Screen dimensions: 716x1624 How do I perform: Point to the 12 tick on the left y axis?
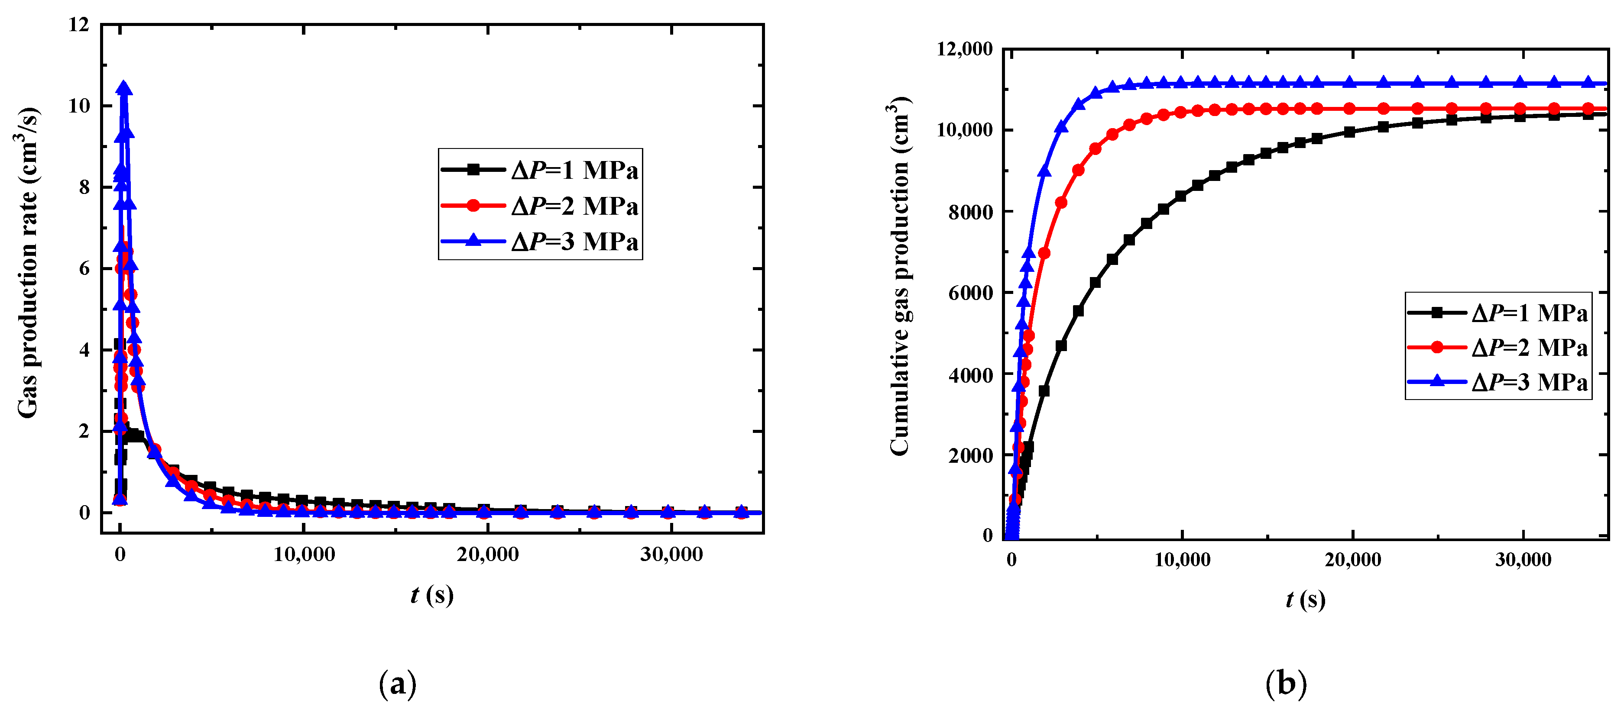pyautogui.click(x=79, y=25)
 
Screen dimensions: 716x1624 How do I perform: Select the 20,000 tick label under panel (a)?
pyautogui.click(x=488, y=555)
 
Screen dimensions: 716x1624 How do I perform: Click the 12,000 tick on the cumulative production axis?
pyautogui.click(x=965, y=49)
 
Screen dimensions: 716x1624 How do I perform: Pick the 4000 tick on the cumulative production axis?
pyautogui.click(x=970, y=375)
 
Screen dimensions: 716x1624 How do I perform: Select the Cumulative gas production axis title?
pyautogui.click(x=900, y=276)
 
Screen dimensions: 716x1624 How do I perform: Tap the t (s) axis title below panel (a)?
pyautogui.click(x=432, y=594)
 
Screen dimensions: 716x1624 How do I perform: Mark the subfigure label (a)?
pyautogui.click(x=398, y=684)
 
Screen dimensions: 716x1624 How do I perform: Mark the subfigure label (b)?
pyautogui.click(x=1286, y=684)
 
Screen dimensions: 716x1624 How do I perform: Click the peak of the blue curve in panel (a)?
pyautogui.click(x=124, y=87)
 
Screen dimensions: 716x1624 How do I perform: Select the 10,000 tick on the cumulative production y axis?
pyautogui.click(x=965, y=130)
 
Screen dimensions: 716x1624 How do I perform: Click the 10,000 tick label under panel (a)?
pyautogui.click(x=305, y=555)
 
